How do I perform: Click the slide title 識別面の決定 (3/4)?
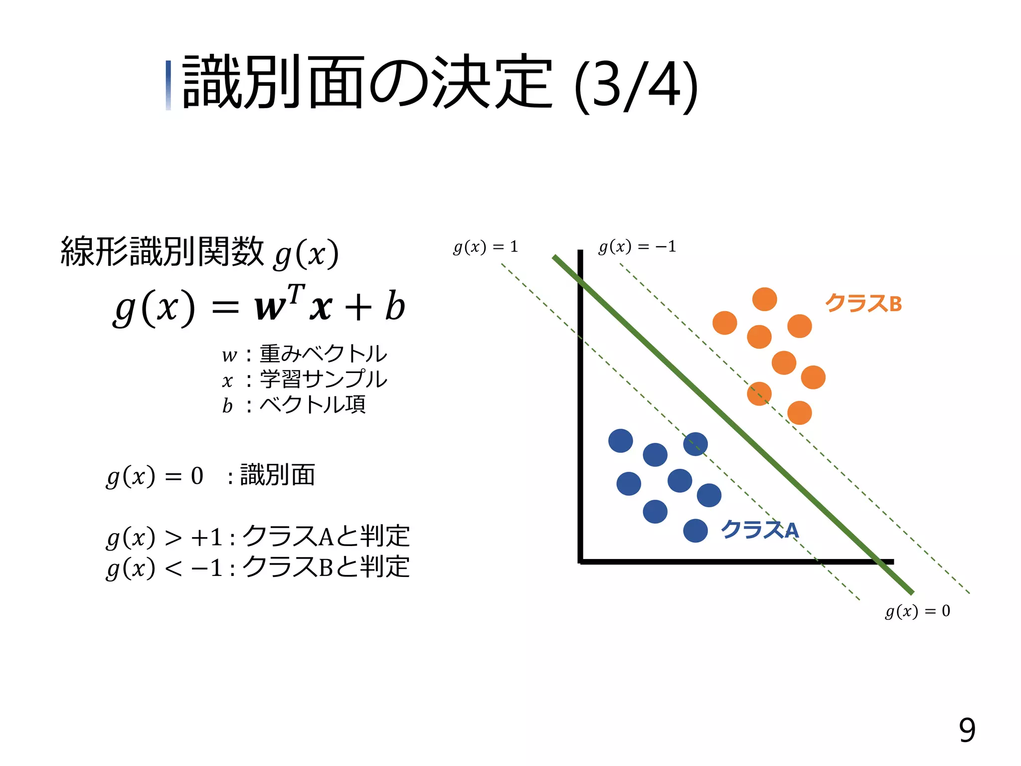439,84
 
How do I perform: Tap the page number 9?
967,731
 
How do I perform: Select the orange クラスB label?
863,303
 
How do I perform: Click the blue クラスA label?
759,530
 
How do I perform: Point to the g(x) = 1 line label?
486,247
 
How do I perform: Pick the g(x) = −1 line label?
637,246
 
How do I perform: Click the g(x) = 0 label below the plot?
917,611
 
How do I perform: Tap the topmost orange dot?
764,299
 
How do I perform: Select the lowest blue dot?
695,531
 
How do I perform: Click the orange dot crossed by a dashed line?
759,393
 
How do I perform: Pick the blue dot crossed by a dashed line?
695,444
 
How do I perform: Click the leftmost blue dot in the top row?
620,441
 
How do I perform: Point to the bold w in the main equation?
269,308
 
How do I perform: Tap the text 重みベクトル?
323,354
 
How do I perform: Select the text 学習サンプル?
323,379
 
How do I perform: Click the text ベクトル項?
313,404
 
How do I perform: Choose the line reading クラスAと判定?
257,537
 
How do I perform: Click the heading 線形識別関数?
162,252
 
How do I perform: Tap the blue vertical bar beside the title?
169,85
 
